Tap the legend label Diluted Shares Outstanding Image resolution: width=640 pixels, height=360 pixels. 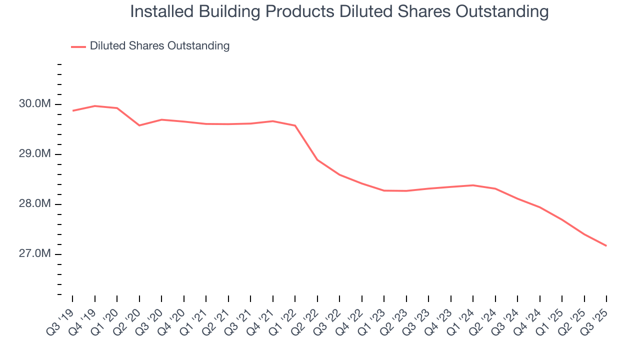click(159, 46)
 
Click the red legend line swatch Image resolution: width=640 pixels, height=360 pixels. click(78, 46)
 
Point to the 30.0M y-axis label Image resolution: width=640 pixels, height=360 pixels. click(35, 104)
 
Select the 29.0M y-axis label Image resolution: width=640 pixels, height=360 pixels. click(35, 154)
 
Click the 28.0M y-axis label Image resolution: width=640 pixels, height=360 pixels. click(35, 204)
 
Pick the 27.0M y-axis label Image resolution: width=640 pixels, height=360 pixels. click(35, 254)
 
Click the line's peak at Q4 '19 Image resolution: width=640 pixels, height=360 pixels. click(94, 106)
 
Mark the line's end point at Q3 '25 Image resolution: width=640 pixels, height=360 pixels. click(606, 245)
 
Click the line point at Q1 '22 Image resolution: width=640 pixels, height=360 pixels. click(295, 125)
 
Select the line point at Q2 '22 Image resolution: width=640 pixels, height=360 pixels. click(317, 160)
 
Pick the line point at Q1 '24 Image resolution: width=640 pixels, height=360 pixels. click(473, 185)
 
